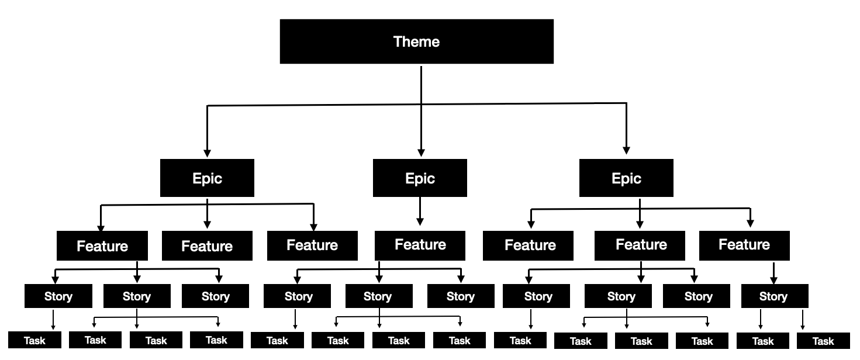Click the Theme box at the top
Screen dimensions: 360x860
416,41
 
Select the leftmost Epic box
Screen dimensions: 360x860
207,178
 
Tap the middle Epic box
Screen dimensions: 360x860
420,178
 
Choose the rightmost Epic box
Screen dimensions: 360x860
626,178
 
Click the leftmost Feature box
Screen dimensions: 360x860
102,246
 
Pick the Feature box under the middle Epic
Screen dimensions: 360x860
420,245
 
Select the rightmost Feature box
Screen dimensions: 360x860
744,245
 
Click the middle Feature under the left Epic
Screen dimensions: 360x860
207,246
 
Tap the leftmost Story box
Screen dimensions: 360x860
58,296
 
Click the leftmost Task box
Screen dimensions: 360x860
34,341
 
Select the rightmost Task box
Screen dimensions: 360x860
823,341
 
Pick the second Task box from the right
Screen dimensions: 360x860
762,341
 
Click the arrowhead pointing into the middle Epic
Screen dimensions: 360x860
420,151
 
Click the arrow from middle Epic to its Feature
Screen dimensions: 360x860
420,210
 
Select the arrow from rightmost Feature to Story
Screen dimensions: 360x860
773,272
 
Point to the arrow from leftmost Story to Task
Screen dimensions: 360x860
53,319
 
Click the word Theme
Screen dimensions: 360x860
416,41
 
